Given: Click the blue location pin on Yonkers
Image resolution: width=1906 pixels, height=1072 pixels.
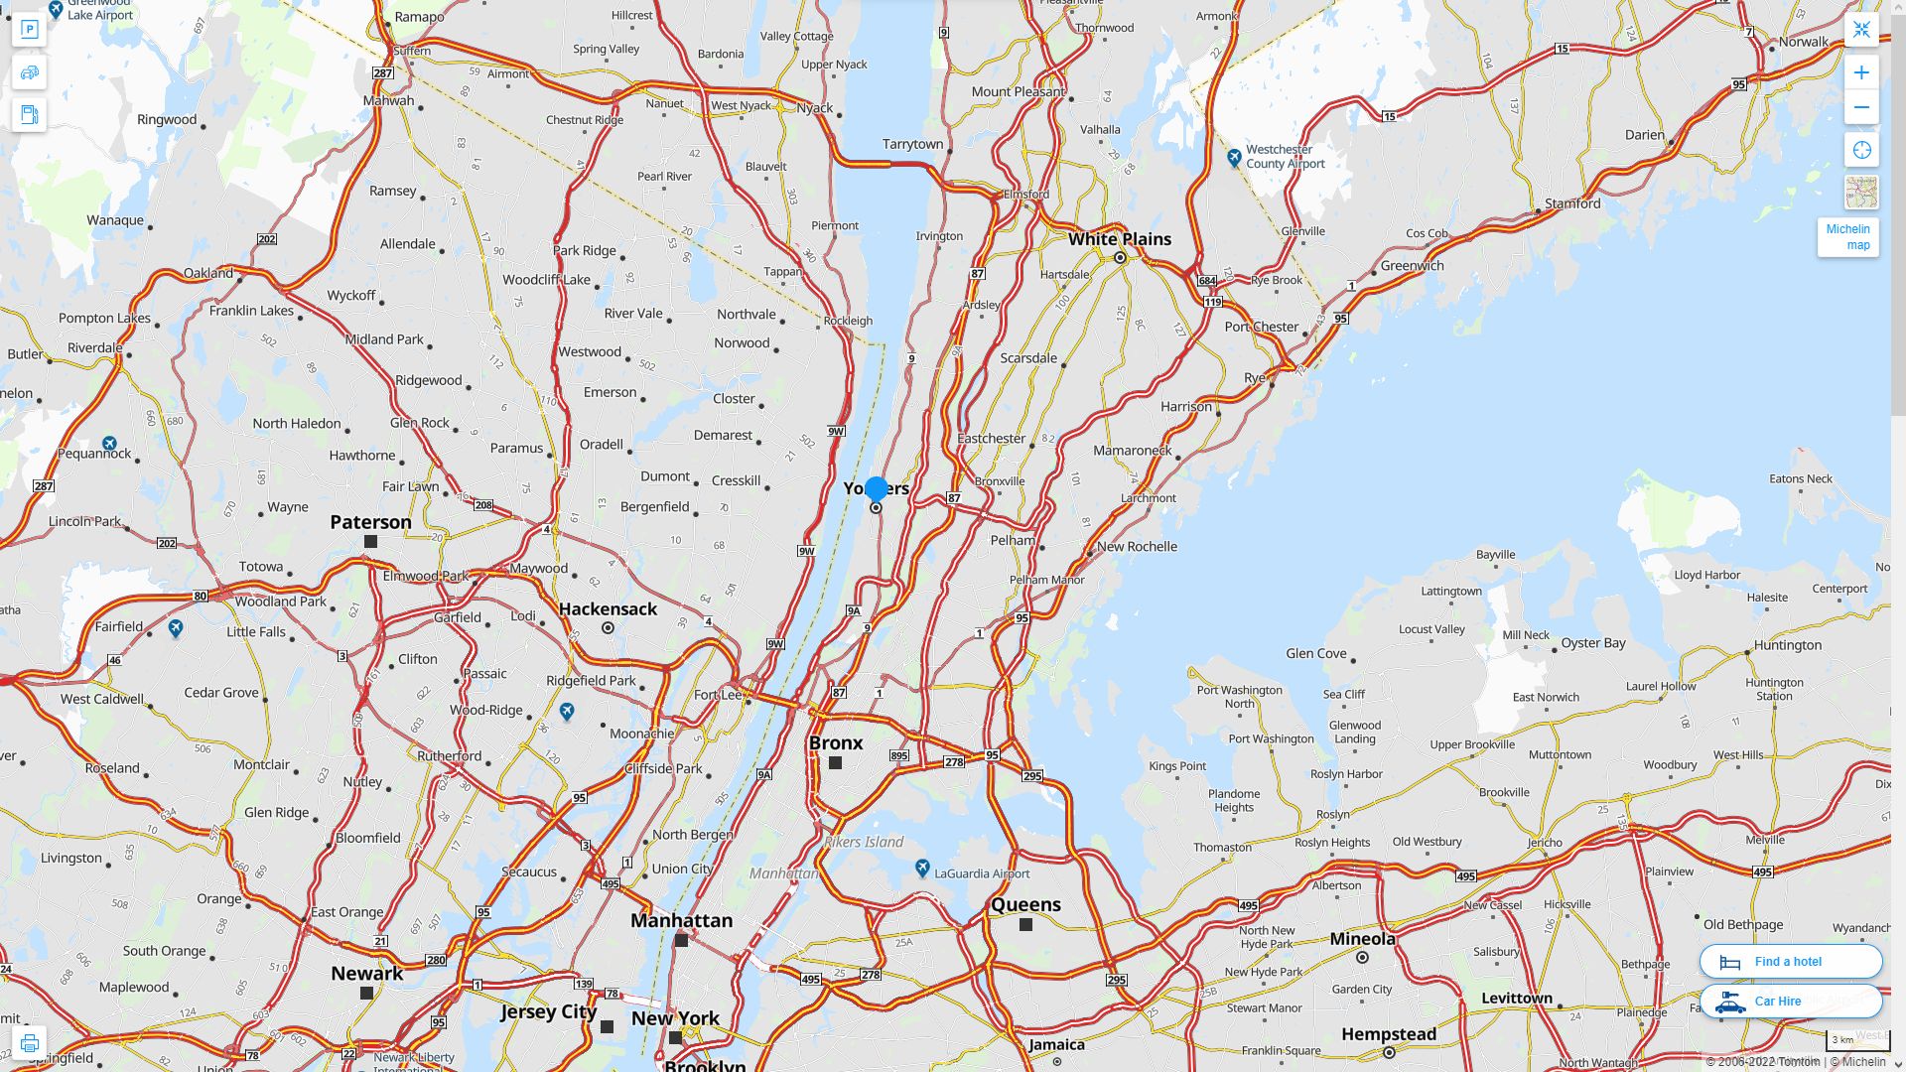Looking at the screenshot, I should (x=876, y=488).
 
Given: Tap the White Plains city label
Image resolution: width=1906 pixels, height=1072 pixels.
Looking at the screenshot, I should (x=1119, y=239).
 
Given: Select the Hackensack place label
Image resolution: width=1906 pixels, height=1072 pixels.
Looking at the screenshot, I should (x=608, y=609).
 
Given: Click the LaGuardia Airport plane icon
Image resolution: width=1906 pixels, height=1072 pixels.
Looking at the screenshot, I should (x=922, y=869).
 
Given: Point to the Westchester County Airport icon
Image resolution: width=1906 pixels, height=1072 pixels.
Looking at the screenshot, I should (x=1234, y=157).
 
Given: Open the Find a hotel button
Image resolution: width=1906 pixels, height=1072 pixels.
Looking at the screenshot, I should (x=1790, y=961).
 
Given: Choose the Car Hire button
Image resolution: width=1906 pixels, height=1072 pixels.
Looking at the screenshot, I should (x=1790, y=1001).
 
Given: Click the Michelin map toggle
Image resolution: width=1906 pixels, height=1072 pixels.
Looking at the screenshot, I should (x=1847, y=237).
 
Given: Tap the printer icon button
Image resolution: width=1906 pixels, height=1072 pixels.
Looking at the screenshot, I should (x=29, y=1043).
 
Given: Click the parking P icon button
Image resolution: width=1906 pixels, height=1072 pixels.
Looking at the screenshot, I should (x=29, y=30).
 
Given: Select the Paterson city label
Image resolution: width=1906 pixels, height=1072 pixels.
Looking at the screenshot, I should (x=370, y=522).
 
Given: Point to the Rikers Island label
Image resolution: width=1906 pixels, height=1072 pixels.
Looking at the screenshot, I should (x=864, y=842).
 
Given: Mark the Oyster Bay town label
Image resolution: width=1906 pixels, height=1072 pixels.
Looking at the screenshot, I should (x=1593, y=643).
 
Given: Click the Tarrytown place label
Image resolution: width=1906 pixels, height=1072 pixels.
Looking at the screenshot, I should (x=912, y=144).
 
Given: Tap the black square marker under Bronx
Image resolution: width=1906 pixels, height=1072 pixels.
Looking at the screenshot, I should (x=835, y=763).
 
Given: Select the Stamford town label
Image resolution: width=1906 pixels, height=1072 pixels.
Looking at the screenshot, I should (x=1572, y=203).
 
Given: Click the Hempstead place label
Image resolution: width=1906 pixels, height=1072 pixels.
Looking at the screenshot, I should (x=1389, y=1034).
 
